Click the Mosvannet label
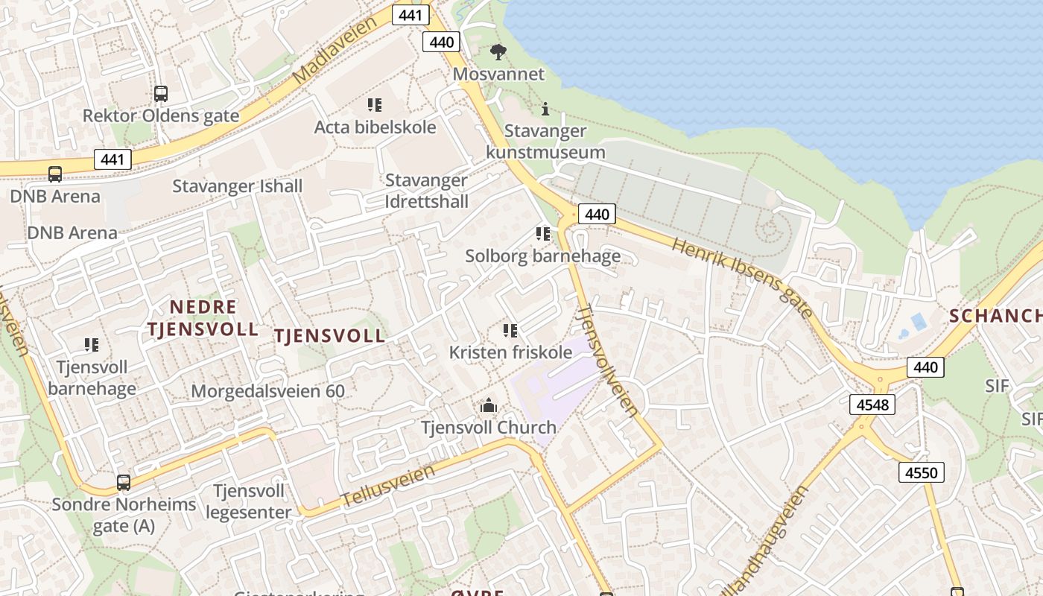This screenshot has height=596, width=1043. click(498, 74)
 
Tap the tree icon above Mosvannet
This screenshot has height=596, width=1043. click(498, 52)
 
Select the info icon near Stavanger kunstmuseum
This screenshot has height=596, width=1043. click(545, 110)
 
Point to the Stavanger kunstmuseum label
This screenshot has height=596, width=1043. click(545, 142)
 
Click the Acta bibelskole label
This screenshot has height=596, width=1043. click(375, 127)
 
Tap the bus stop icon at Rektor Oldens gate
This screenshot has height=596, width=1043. click(161, 94)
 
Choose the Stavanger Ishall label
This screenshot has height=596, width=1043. click(237, 186)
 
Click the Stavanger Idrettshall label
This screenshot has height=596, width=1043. click(426, 191)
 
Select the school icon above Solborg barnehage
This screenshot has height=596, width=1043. click(543, 234)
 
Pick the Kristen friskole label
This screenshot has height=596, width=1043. click(510, 352)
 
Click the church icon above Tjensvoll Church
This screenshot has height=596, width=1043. click(489, 405)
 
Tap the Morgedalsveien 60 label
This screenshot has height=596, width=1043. click(268, 391)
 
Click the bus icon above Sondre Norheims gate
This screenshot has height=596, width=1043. click(124, 483)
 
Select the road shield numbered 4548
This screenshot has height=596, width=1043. click(872, 405)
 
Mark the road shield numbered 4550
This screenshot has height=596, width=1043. click(921, 472)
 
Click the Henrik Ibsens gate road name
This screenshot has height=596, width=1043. click(741, 277)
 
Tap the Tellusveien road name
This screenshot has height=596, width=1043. click(387, 486)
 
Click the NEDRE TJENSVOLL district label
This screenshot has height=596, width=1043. click(203, 318)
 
